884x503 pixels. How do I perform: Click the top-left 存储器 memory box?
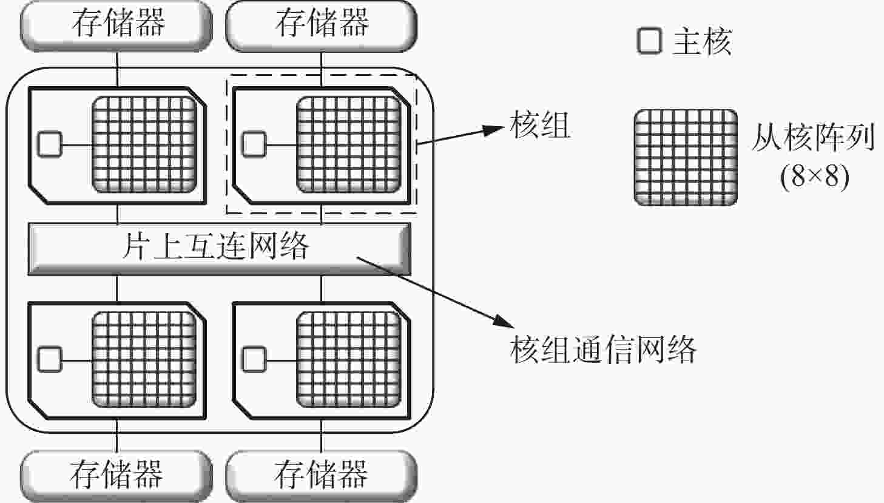point(116,25)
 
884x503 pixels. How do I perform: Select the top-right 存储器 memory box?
point(321,25)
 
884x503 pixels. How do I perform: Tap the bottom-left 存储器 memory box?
point(116,476)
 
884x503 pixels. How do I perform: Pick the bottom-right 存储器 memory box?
point(321,476)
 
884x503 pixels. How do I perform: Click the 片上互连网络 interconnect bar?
point(220,249)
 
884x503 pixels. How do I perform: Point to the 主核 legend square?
point(649,41)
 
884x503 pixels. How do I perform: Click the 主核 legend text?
point(703,41)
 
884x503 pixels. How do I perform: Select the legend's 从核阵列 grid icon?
point(686,157)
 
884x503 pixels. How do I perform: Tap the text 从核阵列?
point(813,137)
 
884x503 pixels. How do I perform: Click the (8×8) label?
point(815,177)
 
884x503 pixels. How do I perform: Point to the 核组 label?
point(540,124)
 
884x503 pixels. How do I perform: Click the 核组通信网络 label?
point(602,349)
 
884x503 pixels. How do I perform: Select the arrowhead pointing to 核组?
point(494,130)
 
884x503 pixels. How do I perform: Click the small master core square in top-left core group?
point(50,144)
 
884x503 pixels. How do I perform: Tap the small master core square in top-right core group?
point(254,144)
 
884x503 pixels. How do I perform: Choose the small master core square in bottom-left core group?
point(50,359)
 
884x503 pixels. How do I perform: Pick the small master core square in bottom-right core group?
point(254,359)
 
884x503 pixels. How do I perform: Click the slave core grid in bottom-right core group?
point(349,359)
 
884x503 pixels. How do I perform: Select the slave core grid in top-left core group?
point(144,144)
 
